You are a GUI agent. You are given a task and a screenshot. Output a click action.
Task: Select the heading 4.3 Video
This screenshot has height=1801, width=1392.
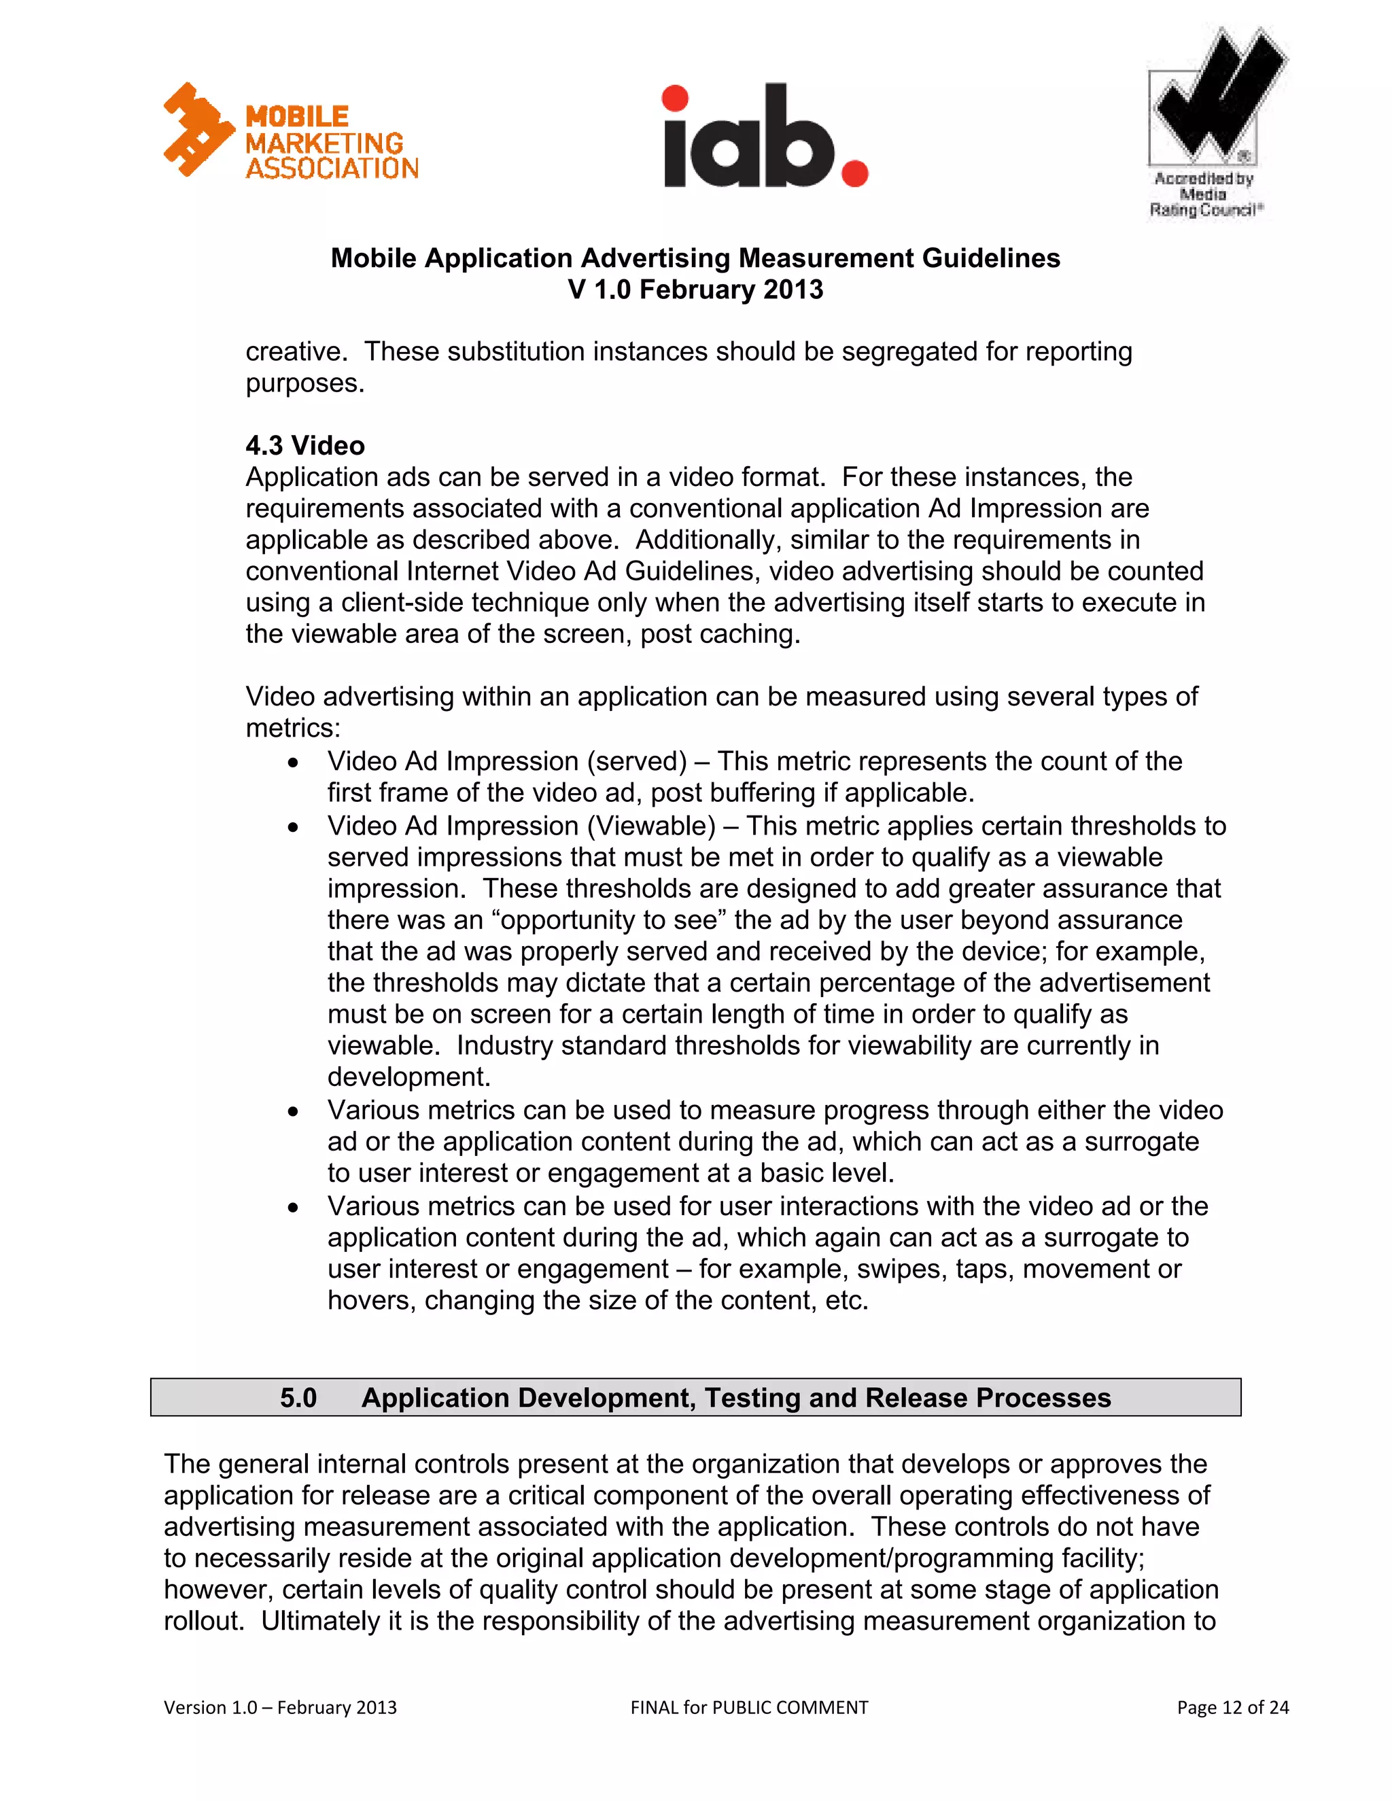[x=304, y=445]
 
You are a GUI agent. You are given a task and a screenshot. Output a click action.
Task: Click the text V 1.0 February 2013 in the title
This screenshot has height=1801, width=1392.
[x=695, y=290]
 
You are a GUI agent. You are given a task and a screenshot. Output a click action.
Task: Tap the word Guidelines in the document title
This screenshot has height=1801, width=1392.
[x=990, y=258]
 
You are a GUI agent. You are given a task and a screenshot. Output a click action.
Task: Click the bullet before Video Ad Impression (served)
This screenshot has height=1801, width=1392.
[x=293, y=763]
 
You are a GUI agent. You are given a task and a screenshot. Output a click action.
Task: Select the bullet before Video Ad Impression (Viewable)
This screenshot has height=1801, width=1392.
[x=293, y=827]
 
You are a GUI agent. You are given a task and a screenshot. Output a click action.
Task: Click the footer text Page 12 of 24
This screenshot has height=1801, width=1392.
[x=1232, y=1707]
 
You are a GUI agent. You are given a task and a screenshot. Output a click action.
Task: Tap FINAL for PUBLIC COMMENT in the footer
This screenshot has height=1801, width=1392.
[x=749, y=1707]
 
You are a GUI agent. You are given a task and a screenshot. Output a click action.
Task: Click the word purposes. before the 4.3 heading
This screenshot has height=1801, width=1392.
[x=304, y=383]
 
